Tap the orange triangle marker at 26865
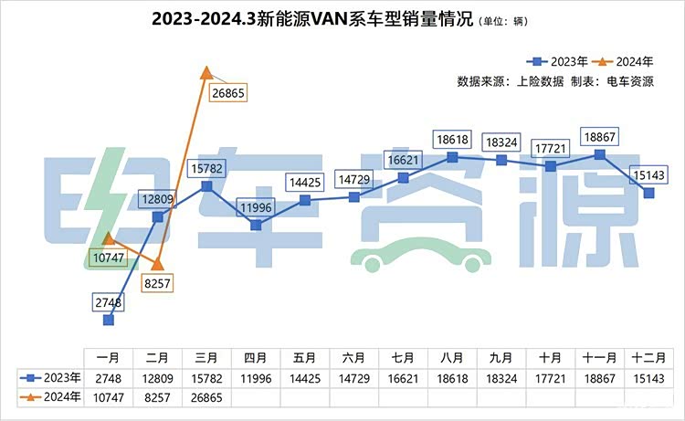click(x=206, y=71)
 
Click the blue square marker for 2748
click(x=109, y=320)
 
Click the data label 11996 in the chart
click(x=256, y=207)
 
